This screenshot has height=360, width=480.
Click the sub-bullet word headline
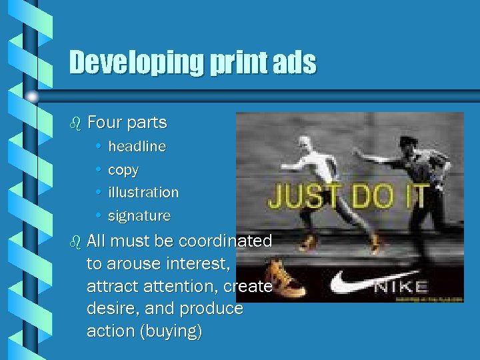coord(137,146)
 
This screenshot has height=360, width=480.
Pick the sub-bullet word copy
coord(123,170)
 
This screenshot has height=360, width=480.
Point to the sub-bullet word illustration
coord(143,192)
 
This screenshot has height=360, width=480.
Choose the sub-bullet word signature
coord(139,216)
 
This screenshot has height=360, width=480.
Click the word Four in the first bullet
coord(104,123)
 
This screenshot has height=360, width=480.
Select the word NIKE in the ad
coord(400,287)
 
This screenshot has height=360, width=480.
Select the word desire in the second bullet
coord(107,309)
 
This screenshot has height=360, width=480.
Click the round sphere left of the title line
coord(31,97)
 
